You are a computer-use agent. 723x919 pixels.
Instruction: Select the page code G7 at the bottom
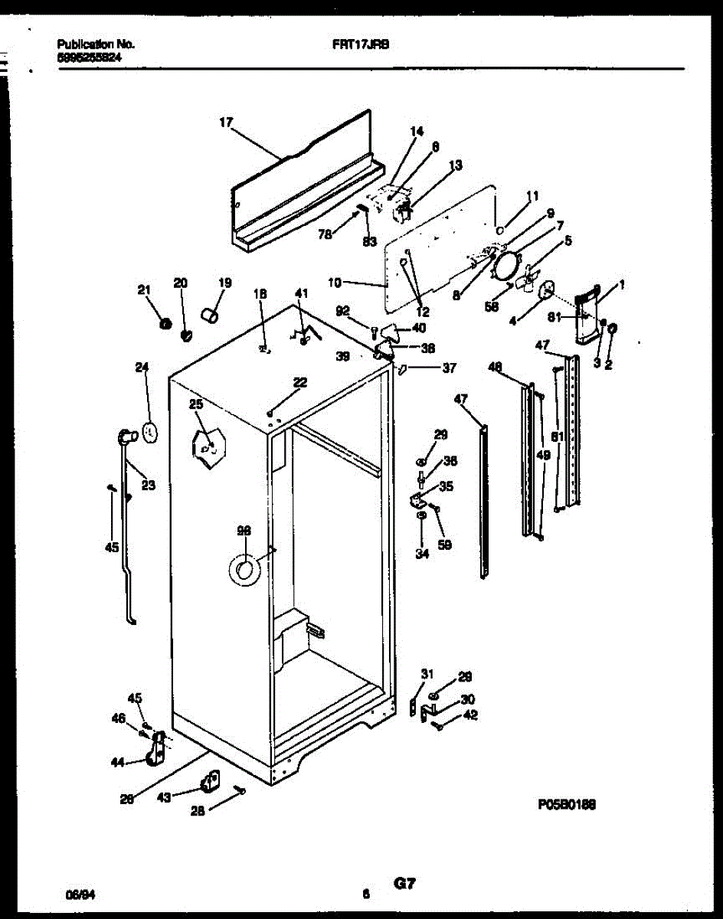[405, 884]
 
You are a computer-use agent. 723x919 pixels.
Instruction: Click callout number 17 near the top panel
[225, 122]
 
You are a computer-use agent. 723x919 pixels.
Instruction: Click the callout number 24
[141, 367]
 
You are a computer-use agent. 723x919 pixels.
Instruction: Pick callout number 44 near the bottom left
[117, 762]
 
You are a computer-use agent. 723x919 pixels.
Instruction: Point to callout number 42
[470, 715]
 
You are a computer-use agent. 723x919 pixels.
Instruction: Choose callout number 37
[449, 368]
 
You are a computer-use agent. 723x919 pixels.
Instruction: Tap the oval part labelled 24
[150, 432]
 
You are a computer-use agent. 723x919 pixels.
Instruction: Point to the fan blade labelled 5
[527, 278]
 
